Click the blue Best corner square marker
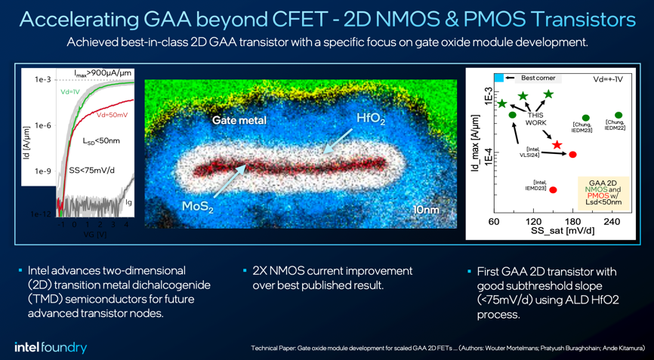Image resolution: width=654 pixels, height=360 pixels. (x=500, y=78)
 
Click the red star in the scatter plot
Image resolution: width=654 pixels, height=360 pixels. (x=557, y=144)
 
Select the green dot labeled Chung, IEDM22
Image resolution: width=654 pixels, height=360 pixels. (x=619, y=115)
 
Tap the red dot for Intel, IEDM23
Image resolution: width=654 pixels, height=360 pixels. (x=553, y=190)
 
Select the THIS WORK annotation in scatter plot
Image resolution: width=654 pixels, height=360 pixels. (x=535, y=118)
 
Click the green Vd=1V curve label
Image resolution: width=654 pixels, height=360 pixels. (x=70, y=91)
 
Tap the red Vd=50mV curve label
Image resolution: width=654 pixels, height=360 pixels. (x=112, y=115)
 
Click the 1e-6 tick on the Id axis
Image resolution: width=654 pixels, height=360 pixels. (x=43, y=125)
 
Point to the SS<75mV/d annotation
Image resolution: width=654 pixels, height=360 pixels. (x=92, y=170)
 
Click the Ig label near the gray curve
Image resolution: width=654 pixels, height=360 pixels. (x=128, y=202)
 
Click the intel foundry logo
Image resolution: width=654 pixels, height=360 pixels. (x=51, y=347)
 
